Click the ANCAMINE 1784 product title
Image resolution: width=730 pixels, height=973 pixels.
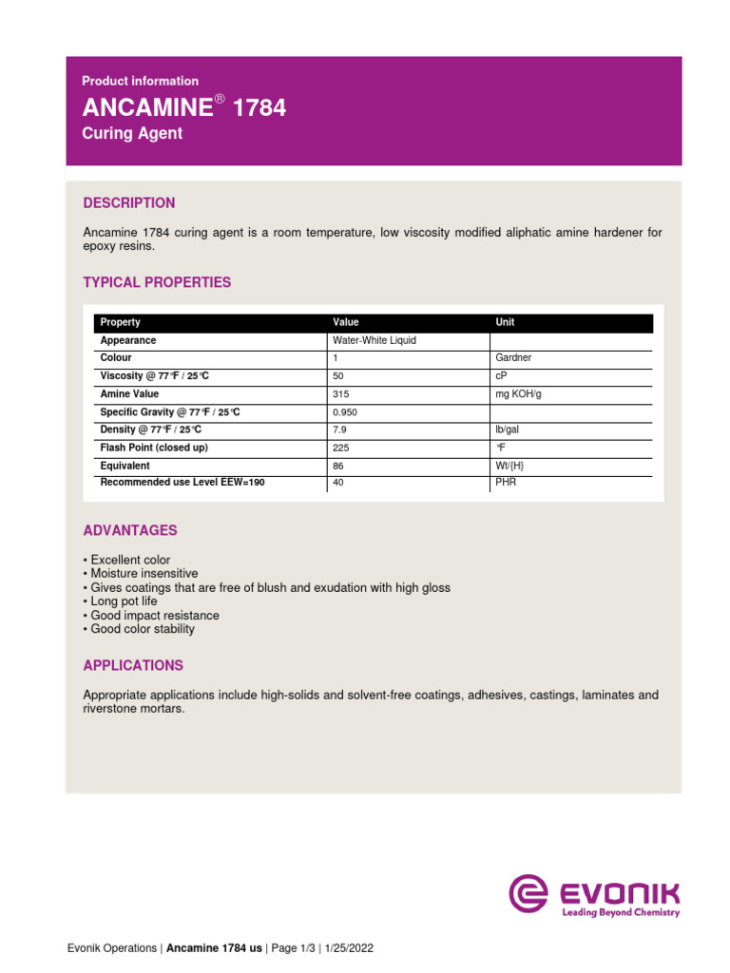183,108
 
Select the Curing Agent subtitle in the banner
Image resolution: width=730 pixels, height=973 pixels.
132,134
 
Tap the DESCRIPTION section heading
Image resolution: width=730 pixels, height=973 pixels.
129,202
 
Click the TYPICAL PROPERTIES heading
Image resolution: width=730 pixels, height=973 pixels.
157,282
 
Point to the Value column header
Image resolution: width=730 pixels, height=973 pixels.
346,322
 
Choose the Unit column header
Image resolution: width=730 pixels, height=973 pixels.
505,322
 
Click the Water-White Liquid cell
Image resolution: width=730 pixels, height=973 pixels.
375,340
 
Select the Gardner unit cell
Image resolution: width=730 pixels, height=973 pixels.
514,358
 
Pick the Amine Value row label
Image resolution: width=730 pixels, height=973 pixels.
129,394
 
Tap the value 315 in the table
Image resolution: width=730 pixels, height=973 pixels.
341,394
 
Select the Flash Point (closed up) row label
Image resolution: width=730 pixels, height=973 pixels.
154,448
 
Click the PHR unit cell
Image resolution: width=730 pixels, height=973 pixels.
507,483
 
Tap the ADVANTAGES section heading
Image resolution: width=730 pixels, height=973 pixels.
130,529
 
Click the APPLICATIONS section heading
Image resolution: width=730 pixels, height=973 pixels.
133,665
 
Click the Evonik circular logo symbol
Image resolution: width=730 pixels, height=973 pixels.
528,894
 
